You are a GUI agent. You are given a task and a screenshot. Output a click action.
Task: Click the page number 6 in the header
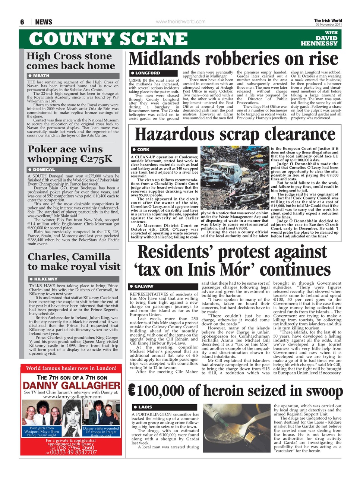pyautogui.click(x=22, y=22)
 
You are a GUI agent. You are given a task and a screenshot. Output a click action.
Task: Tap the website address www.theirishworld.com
pyautogui.click(x=180, y=22)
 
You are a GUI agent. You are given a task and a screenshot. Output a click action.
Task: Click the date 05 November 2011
pyautogui.click(x=328, y=25)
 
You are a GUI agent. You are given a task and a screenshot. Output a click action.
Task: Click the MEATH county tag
pyautogui.click(x=41, y=76)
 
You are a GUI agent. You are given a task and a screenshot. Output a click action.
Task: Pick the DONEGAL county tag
pyautogui.click(x=44, y=170)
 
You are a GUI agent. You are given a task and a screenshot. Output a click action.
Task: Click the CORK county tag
pyautogui.click(x=143, y=150)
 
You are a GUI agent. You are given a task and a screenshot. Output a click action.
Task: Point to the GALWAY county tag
pyautogui.click(x=144, y=286)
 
